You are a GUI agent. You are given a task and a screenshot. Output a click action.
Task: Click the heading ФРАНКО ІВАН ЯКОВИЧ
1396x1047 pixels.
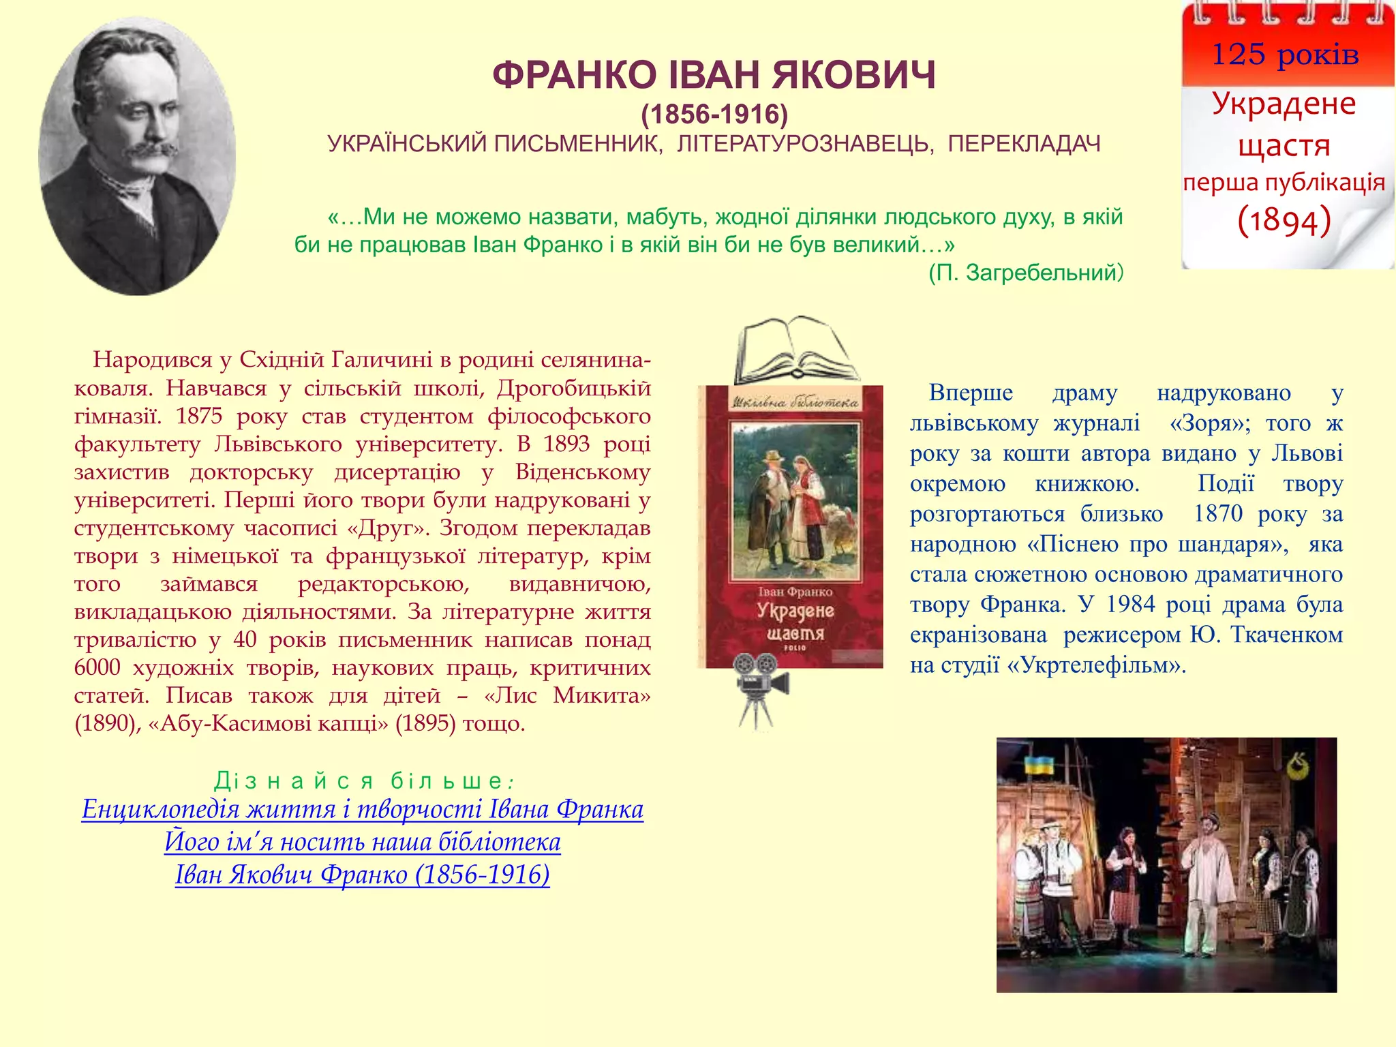click(714, 75)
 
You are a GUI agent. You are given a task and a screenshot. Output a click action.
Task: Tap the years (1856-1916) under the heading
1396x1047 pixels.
click(714, 115)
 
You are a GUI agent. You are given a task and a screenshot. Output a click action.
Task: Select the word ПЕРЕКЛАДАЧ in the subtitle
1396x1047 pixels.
click(1024, 145)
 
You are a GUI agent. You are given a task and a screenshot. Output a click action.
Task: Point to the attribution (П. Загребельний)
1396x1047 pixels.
click(1025, 273)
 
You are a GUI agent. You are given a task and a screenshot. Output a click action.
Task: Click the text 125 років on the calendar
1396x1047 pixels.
click(1285, 55)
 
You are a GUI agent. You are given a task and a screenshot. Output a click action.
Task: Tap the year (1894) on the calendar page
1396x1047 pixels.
click(1284, 221)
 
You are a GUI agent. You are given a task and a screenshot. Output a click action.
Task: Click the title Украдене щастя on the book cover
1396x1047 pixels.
click(795, 622)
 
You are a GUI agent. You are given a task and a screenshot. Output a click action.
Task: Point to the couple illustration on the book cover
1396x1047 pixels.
click(795, 504)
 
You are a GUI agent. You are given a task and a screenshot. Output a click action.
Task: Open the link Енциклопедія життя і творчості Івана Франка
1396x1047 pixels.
click(362, 809)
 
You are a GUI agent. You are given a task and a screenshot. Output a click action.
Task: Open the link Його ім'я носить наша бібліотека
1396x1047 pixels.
click(362, 842)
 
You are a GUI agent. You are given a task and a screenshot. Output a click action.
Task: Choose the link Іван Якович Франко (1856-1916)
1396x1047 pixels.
click(362, 875)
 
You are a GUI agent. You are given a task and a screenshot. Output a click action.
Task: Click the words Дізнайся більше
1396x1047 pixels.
click(362, 780)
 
